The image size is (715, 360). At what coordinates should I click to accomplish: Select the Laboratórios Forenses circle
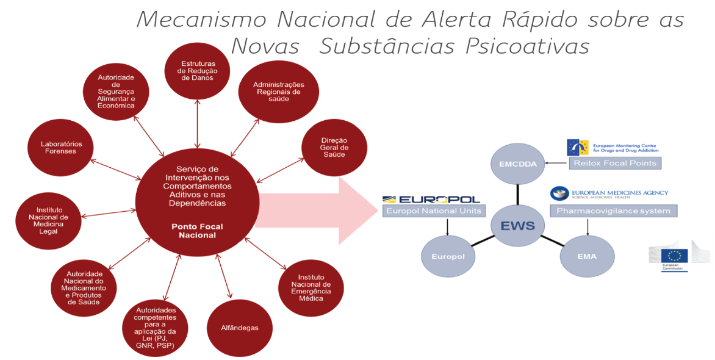59,148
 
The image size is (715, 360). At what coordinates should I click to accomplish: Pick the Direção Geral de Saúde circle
334,148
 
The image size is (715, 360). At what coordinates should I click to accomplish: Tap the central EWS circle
517,225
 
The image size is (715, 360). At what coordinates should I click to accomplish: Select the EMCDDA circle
517,164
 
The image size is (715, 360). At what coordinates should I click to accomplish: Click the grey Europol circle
448,256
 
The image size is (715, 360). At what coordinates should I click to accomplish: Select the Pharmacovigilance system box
614,211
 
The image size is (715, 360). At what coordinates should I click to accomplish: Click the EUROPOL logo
431,199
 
